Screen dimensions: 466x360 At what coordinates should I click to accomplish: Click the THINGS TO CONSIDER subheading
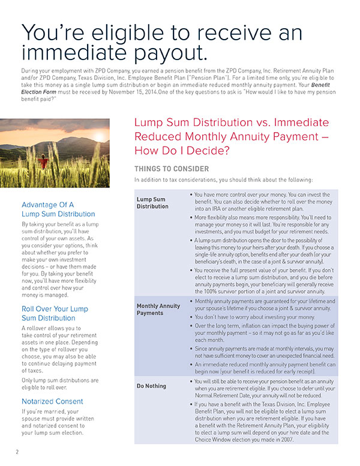tap(172, 169)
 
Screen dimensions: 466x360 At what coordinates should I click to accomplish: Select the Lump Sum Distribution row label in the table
tap(152, 202)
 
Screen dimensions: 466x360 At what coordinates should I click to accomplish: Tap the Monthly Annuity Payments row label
tap(158, 309)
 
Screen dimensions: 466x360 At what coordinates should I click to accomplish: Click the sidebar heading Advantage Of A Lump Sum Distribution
tap(58, 209)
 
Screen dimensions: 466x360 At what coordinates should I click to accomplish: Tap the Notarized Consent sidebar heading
tap(52, 401)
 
